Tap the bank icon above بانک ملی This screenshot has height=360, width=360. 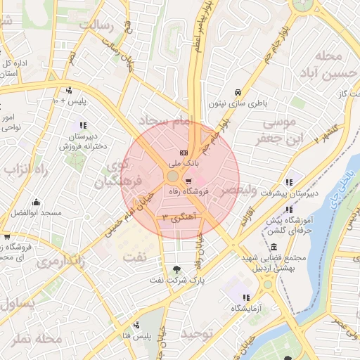(x=184, y=153)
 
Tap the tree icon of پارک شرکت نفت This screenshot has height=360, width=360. (x=176, y=270)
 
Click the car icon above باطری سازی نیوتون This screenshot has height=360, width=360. (x=238, y=93)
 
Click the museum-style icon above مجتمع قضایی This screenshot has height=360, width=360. (x=273, y=247)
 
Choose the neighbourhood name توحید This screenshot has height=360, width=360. (x=196, y=333)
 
